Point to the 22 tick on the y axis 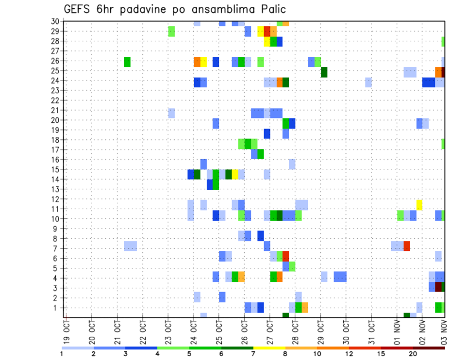point(55,100)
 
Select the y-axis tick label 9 point(57,228)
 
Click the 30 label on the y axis point(55,21)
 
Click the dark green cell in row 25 point(324,72)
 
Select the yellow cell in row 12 point(419,205)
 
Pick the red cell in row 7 point(407,246)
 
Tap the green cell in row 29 point(171,32)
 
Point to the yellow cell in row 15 point(235,174)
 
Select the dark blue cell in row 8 point(261,236)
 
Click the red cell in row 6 point(286,256)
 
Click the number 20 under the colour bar point(413,353)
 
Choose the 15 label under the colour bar point(382,353)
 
